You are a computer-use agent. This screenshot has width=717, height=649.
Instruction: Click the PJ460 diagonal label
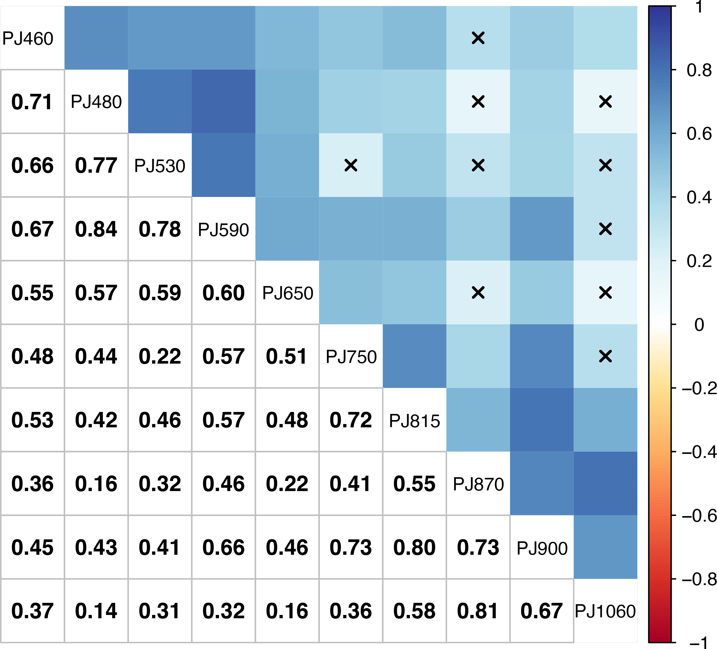[28, 38]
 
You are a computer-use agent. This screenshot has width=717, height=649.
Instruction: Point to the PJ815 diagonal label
[414, 421]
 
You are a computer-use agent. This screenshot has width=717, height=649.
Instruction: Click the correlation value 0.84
[96, 229]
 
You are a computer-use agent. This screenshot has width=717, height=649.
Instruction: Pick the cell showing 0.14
[96, 611]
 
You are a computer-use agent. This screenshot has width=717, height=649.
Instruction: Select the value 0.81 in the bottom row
[478, 611]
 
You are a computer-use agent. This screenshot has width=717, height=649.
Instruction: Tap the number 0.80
[414, 548]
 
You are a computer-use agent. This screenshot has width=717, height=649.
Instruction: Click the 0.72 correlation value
[351, 420]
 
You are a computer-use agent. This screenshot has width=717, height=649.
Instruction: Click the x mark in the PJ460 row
[478, 38]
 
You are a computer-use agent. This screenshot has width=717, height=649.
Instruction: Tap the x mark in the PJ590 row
[605, 229]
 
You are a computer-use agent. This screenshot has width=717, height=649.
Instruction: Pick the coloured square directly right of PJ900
[605, 547]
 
